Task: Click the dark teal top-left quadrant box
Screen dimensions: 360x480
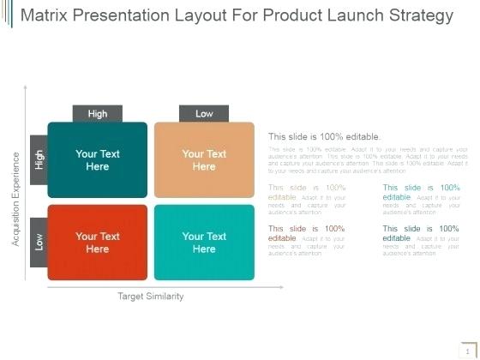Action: coord(97,160)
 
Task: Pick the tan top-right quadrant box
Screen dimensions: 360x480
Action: coord(204,160)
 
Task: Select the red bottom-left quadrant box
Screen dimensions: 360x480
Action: coord(97,243)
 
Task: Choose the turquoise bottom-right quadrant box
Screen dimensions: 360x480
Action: coord(204,243)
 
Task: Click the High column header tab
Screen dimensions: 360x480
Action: coord(97,113)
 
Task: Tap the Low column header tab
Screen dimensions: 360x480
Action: coord(204,113)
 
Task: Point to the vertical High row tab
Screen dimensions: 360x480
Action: coord(39,159)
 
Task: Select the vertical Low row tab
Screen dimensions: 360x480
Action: coord(39,243)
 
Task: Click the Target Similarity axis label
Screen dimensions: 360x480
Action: coord(150,297)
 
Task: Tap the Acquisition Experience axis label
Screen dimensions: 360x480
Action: coord(15,199)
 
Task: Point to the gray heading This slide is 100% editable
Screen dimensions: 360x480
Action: coord(324,136)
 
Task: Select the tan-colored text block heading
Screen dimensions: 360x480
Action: coord(307,192)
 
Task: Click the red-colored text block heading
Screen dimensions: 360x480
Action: coord(307,233)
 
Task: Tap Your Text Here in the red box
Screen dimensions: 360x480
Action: coord(97,243)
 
